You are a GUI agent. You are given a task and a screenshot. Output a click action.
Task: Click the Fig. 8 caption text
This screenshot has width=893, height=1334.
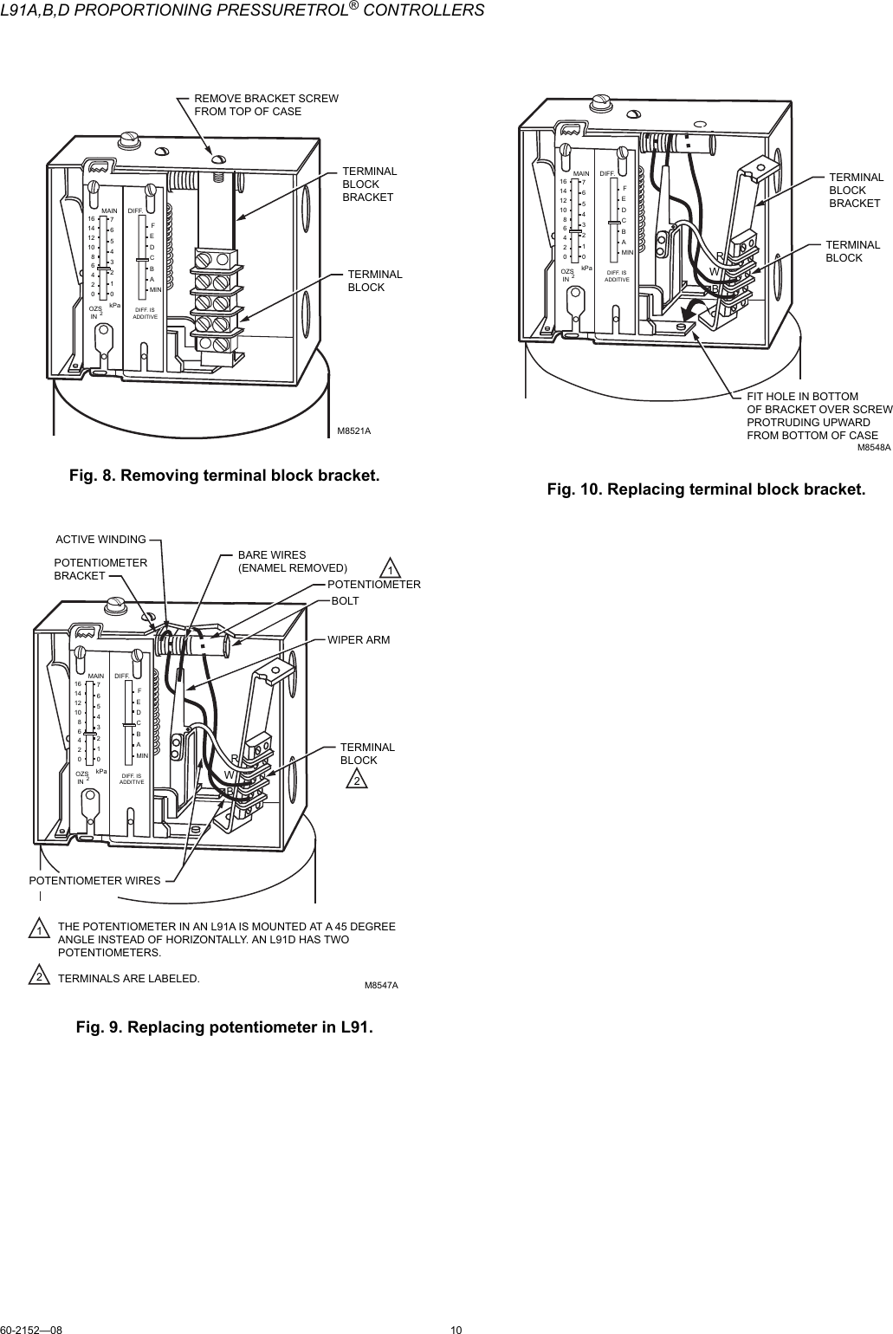(x=224, y=476)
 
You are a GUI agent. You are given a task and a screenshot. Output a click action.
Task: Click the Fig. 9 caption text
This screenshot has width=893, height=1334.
(x=224, y=1027)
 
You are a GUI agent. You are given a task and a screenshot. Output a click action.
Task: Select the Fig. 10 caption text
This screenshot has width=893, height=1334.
(x=706, y=489)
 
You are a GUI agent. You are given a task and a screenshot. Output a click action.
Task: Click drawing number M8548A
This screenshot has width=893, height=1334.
(x=874, y=447)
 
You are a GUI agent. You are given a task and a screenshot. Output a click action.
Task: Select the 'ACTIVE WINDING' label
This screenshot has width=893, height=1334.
(x=100, y=540)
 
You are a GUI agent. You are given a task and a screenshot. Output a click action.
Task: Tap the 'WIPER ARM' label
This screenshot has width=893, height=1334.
(x=358, y=640)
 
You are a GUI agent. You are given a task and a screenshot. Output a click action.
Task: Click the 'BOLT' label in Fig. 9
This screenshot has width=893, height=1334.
(x=346, y=599)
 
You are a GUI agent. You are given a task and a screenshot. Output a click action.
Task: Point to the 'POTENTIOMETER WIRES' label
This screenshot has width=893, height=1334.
(x=94, y=880)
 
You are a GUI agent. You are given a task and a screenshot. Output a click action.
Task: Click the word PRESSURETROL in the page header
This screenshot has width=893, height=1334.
(x=313, y=10)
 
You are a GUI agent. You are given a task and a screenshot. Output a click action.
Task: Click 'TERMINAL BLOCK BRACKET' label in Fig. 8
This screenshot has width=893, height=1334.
(x=369, y=184)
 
